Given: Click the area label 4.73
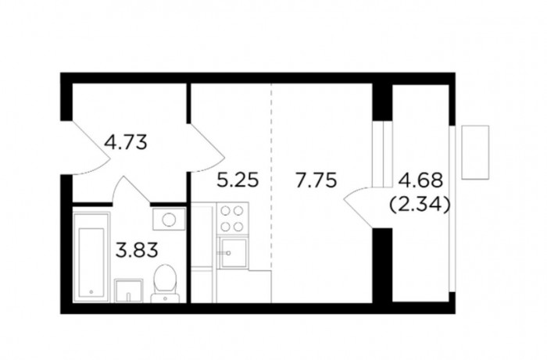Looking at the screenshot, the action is pyautogui.click(x=126, y=143).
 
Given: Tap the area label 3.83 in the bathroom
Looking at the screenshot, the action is pyautogui.click(x=137, y=250).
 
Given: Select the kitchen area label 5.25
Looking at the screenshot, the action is pyautogui.click(x=238, y=180).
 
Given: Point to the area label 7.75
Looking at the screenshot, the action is pyautogui.click(x=316, y=180).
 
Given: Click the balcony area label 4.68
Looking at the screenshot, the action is pyautogui.click(x=420, y=180).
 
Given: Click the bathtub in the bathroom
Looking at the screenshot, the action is pyautogui.click(x=91, y=257).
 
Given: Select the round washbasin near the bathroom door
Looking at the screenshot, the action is pyautogui.click(x=170, y=219).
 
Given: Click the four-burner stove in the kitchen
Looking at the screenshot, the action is pyautogui.click(x=232, y=219).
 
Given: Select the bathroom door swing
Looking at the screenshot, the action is pyautogui.click(x=131, y=190).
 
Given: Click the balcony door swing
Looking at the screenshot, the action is pyautogui.click(x=359, y=207).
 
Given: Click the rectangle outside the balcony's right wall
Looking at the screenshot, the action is pyautogui.click(x=475, y=152).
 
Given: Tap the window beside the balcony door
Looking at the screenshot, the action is pyautogui.click(x=383, y=154).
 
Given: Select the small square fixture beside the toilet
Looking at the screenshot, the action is pyautogui.click(x=129, y=290).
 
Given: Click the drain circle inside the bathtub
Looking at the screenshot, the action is pyautogui.click(x=91, y=291).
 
